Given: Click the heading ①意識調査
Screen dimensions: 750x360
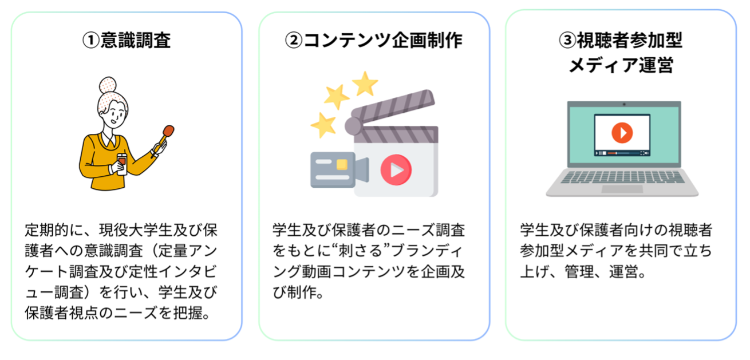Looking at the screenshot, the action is (127, 41).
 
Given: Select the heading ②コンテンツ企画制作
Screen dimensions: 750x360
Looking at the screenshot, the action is (374, 41).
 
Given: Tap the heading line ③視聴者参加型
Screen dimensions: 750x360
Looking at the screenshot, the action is (621, 41).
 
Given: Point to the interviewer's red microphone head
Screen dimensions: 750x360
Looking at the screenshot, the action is (168, 132).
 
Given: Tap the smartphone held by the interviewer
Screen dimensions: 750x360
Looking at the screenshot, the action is (121, 161).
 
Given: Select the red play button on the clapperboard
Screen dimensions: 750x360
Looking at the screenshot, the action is (396, 169).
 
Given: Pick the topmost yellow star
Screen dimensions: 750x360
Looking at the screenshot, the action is (365, 84).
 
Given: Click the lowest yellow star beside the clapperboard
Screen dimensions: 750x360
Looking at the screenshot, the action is (323, 124).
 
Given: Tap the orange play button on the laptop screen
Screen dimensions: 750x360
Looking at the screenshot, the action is (622, 133).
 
